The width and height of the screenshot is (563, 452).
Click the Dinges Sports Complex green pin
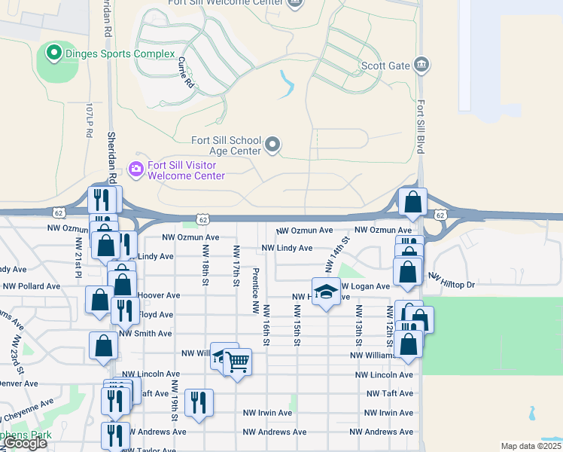(53, 53)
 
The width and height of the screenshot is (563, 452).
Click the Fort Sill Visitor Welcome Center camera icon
(136, 169)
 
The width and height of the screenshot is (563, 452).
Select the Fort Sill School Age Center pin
(272, 144)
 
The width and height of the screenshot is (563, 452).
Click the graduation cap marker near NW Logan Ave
(325, 292)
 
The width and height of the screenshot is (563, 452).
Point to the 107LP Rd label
(89, 119)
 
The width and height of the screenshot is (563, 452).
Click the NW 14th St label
(337, 255)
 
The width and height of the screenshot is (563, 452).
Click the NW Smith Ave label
(145, 333)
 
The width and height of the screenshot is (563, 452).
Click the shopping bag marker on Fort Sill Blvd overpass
(412, 201)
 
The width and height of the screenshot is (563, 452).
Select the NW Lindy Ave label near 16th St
(286, 248)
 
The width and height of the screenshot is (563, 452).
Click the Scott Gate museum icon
(422, 65)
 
